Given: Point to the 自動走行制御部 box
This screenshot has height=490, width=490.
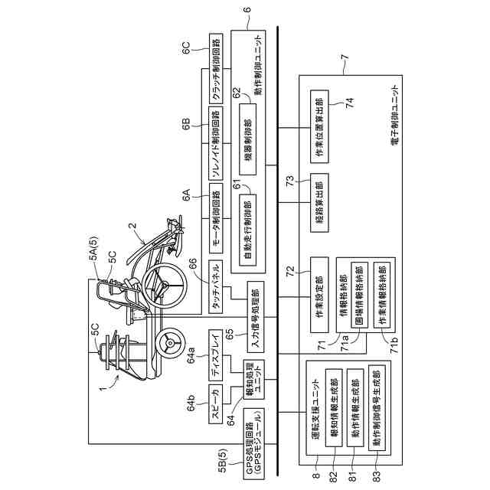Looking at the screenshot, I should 247,227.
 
